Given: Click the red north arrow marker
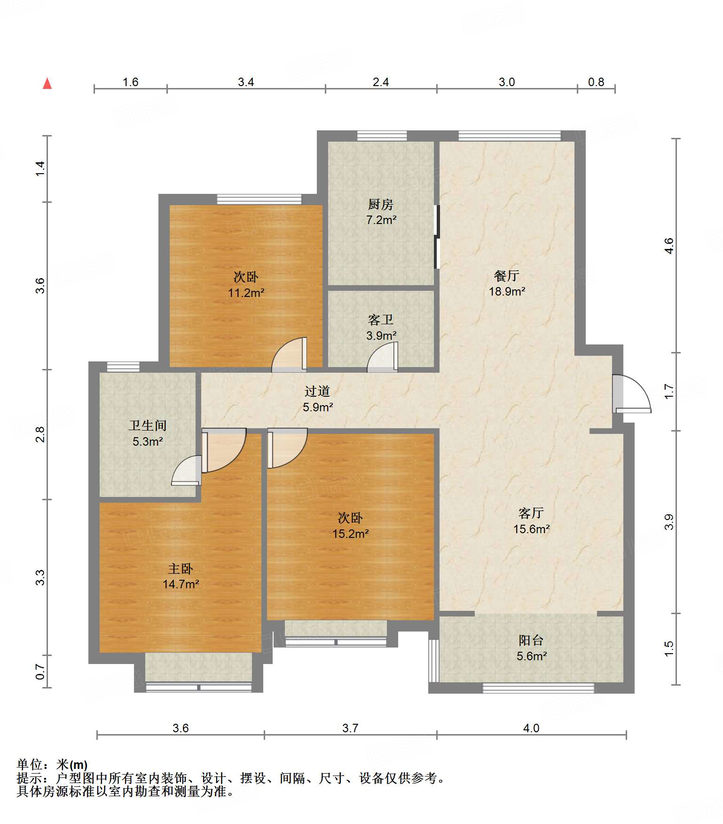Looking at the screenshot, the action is click(47, 83).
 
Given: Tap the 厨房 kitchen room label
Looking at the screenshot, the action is click(381, 204).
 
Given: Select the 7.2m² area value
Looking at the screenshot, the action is click(381, 220).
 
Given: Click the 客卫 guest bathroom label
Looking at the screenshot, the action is click(381, 320).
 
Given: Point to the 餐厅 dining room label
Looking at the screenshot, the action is click(507, 275).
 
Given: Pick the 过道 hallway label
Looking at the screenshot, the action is click(317, 391).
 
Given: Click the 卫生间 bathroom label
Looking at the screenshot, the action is click(148, 425).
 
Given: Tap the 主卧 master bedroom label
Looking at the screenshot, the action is click(181, 568).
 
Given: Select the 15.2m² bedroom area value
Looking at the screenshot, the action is click(351, 534).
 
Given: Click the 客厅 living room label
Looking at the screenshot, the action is click(531, 513).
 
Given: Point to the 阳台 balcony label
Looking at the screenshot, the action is click(531, 640).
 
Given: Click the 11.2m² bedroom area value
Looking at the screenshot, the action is click(246, 293).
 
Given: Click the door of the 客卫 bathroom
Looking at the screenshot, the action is click(383, 357).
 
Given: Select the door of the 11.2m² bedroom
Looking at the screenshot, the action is click(290, 354).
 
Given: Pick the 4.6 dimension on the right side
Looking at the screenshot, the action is click(669, 246).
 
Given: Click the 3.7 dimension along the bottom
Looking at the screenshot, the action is click(350, 728).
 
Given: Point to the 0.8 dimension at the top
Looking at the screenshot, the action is click(596, 82).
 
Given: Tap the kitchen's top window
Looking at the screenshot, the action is click(382, 136).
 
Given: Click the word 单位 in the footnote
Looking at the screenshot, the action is click(30, 765).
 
